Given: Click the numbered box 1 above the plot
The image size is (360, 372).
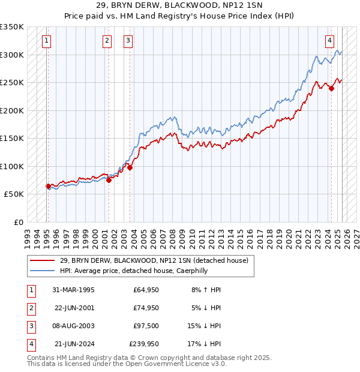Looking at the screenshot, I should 47,41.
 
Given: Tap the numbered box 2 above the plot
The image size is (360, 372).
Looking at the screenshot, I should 107,41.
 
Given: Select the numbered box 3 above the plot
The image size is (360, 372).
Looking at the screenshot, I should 128,41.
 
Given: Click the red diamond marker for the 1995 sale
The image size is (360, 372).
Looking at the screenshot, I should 48,186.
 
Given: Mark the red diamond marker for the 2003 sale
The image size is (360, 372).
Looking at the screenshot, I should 130,168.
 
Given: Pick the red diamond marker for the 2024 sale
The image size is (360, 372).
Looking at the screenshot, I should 331,89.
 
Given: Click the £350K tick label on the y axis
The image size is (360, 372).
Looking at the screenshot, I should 12,27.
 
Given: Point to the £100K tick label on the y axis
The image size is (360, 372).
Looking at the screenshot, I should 12,166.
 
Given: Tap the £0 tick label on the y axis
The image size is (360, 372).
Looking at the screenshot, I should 18,222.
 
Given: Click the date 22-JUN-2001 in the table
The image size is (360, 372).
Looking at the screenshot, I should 74,308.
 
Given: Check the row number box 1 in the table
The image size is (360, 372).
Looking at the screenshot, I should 30,290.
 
